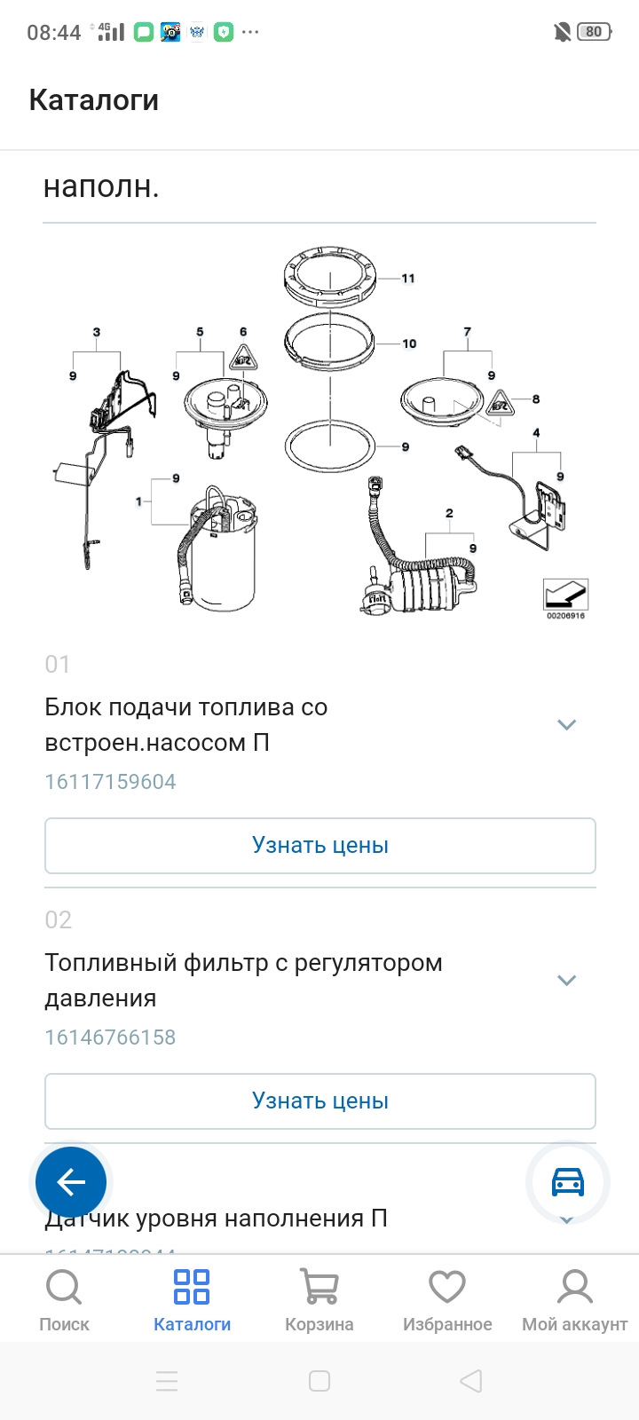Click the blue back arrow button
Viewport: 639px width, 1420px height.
71,1182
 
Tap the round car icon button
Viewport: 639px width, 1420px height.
568,1182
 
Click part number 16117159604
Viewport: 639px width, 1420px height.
111,782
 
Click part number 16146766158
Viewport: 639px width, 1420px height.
111,1037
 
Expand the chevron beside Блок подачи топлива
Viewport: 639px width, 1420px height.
566,725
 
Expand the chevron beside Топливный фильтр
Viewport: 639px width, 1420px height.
566,981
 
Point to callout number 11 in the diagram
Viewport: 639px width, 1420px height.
408,279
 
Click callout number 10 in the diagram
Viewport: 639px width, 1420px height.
409,343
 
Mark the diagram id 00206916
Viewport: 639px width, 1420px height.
565,616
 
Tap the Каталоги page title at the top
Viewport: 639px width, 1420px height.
94,100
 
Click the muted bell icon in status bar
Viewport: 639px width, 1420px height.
562,33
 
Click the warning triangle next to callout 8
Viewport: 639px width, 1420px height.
500,404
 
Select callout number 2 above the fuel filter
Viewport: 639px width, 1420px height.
449,514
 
